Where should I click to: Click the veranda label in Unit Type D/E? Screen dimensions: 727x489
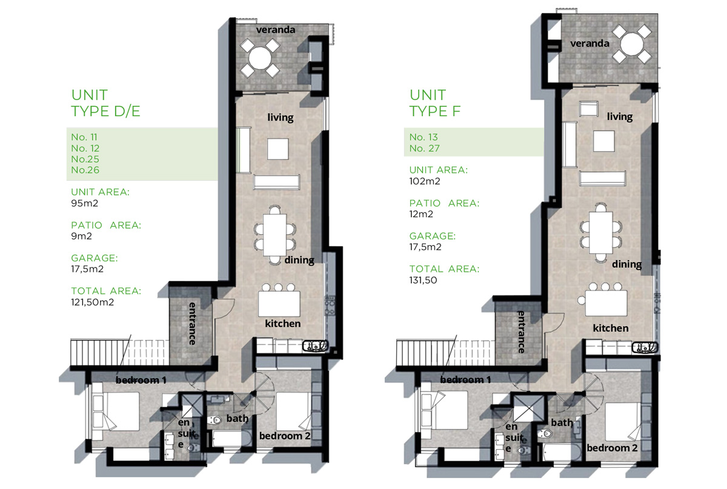click(276, 30)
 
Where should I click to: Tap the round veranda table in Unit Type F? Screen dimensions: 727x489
click(631, 44)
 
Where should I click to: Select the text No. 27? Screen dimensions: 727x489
click(425, 148)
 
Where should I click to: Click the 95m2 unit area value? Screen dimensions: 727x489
click(84, 203)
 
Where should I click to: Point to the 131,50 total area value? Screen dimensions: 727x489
click(423, 280)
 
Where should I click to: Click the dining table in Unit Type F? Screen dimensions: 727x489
click(601, 233)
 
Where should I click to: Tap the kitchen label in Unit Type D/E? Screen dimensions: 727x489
click(283, 324)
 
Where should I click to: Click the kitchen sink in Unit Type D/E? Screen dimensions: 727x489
click(315, 346)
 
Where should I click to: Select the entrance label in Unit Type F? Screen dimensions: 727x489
click(521, 332)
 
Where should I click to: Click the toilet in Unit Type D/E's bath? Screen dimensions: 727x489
click(214, 420)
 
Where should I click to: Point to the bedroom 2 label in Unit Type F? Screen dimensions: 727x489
click(612, 448)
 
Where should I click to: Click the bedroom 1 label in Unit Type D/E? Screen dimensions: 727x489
click(141, 380)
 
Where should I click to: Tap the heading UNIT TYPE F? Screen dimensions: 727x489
click(435, 103)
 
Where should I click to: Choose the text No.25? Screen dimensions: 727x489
click(85, 159)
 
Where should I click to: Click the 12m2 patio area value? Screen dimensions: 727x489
click(421, 214)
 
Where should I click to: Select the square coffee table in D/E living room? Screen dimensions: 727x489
click(278, 149)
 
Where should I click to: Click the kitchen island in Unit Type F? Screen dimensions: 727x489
click(606, 303)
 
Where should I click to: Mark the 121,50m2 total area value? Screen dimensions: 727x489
click(93, 302)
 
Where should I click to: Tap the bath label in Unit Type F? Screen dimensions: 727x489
click(562, 422)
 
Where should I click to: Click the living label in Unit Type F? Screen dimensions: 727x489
click(620, 117)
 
